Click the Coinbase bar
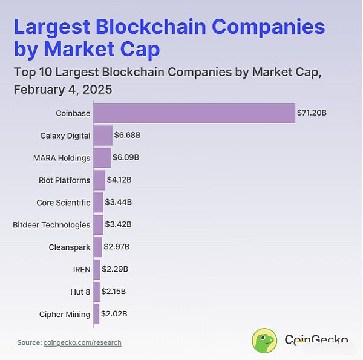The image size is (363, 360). point(194,113)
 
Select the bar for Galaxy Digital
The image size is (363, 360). point(103,136)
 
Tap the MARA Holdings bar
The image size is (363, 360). point(102,158)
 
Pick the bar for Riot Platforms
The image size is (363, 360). point(100,180)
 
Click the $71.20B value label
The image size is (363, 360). point(312,113)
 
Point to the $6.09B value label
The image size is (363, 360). point(126,158)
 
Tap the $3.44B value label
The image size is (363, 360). point(118,202)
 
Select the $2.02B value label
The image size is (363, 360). point(114,314)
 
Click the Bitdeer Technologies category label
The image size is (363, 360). point(51,224)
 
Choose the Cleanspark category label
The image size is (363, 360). point(70,247)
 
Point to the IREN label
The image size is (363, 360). point(81,269)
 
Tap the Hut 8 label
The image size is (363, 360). point(80,292)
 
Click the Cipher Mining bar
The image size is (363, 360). point(96,314)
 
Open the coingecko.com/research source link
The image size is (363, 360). point(82,342)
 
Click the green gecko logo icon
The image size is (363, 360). point(264,341)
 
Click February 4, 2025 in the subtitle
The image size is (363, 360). point(63,89)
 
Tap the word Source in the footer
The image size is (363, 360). point(29,342)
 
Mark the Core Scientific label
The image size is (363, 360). point(64,202)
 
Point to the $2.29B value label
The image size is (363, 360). point(115,269)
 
